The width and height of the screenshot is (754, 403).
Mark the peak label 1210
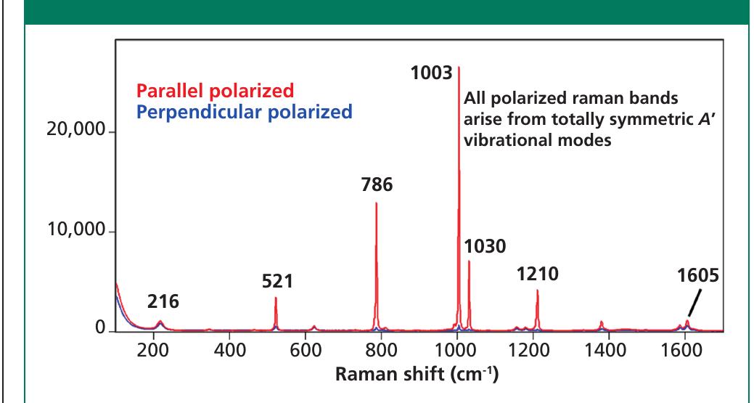click(537, 274)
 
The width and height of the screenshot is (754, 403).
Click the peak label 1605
click(701, 277)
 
